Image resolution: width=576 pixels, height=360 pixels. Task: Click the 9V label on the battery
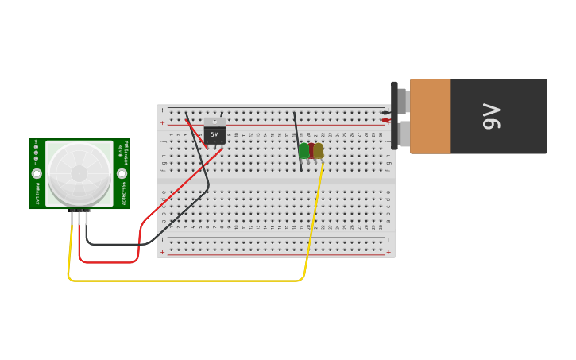(492, 116)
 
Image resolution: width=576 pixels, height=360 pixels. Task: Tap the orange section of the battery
(430, 116)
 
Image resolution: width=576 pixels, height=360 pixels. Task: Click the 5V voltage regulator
(215, 134)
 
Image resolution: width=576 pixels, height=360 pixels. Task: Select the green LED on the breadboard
(303, 151)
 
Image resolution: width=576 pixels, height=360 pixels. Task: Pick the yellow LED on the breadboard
(319, 151)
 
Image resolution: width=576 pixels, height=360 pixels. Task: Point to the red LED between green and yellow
(311, 151)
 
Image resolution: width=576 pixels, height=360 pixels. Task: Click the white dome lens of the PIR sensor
(79, 173)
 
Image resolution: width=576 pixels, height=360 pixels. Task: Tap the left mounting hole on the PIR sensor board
(37, 173)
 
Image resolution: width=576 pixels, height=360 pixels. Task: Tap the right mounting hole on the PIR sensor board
(122, 173)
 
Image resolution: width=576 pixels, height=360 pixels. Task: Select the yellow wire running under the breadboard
(183, 281)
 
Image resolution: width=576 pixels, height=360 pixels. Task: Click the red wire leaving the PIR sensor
(107, 261)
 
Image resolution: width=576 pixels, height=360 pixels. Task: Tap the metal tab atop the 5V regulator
(215, 121)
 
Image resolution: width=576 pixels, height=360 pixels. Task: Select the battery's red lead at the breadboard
(385, 120)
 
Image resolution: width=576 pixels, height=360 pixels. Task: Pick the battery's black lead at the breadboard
(385, 112)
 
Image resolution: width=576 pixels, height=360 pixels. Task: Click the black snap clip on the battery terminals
(394, 115)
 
